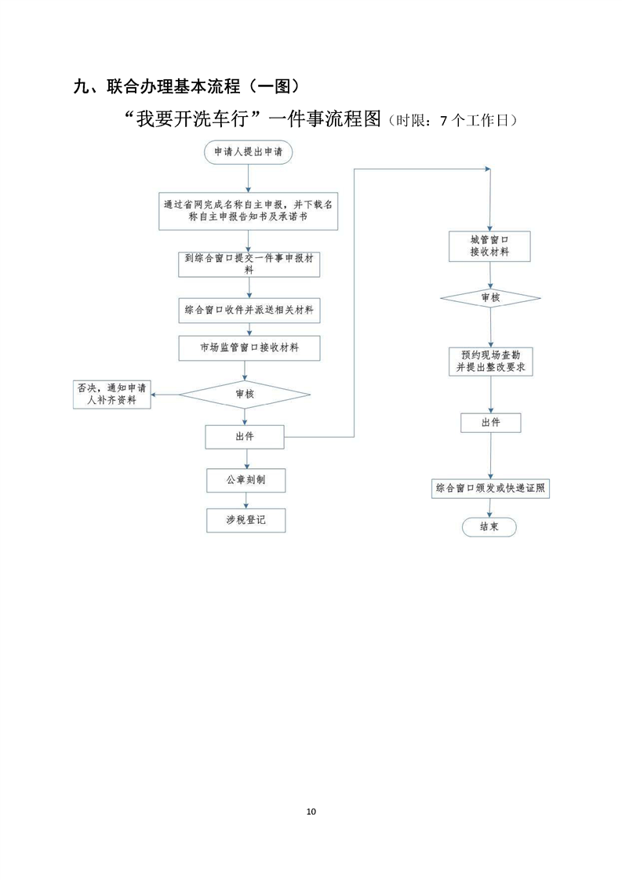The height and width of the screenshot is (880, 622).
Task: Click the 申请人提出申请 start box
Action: [249, 152]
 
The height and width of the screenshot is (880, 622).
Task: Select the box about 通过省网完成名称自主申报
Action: [248, 211]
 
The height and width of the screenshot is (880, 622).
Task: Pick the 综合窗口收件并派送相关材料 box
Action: [249, 311]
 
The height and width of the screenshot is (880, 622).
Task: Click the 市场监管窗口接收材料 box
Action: [249, 348]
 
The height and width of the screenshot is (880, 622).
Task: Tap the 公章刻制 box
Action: [246, 479]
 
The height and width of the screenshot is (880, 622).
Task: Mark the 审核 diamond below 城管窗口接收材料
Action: [490, 298]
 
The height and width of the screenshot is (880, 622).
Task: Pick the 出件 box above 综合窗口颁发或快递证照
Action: [490, 423]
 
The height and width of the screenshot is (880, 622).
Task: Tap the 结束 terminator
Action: [490, 527]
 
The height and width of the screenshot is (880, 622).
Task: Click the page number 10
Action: [311, 811]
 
